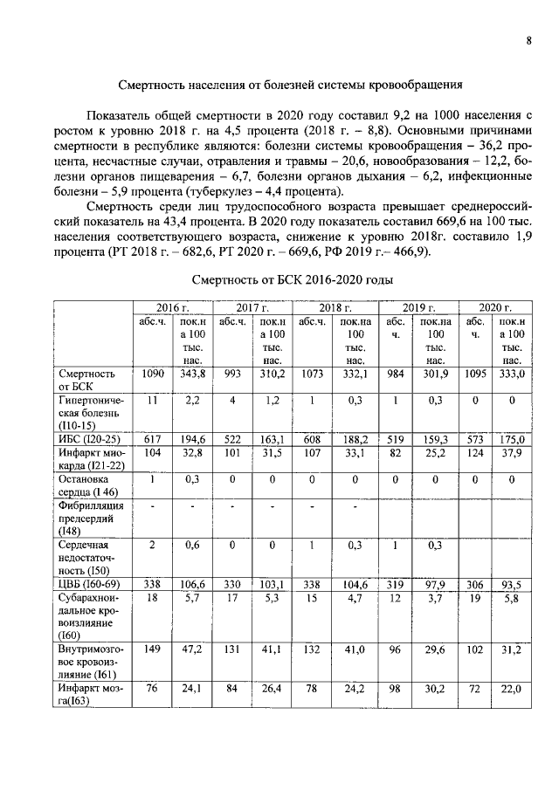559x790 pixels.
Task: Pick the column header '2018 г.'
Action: (x=335, y=308)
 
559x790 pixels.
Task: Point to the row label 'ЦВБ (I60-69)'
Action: (x=88, y=584)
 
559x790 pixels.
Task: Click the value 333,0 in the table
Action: (x=511, y=373)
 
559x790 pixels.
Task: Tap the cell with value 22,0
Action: (x=511, y=690)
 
